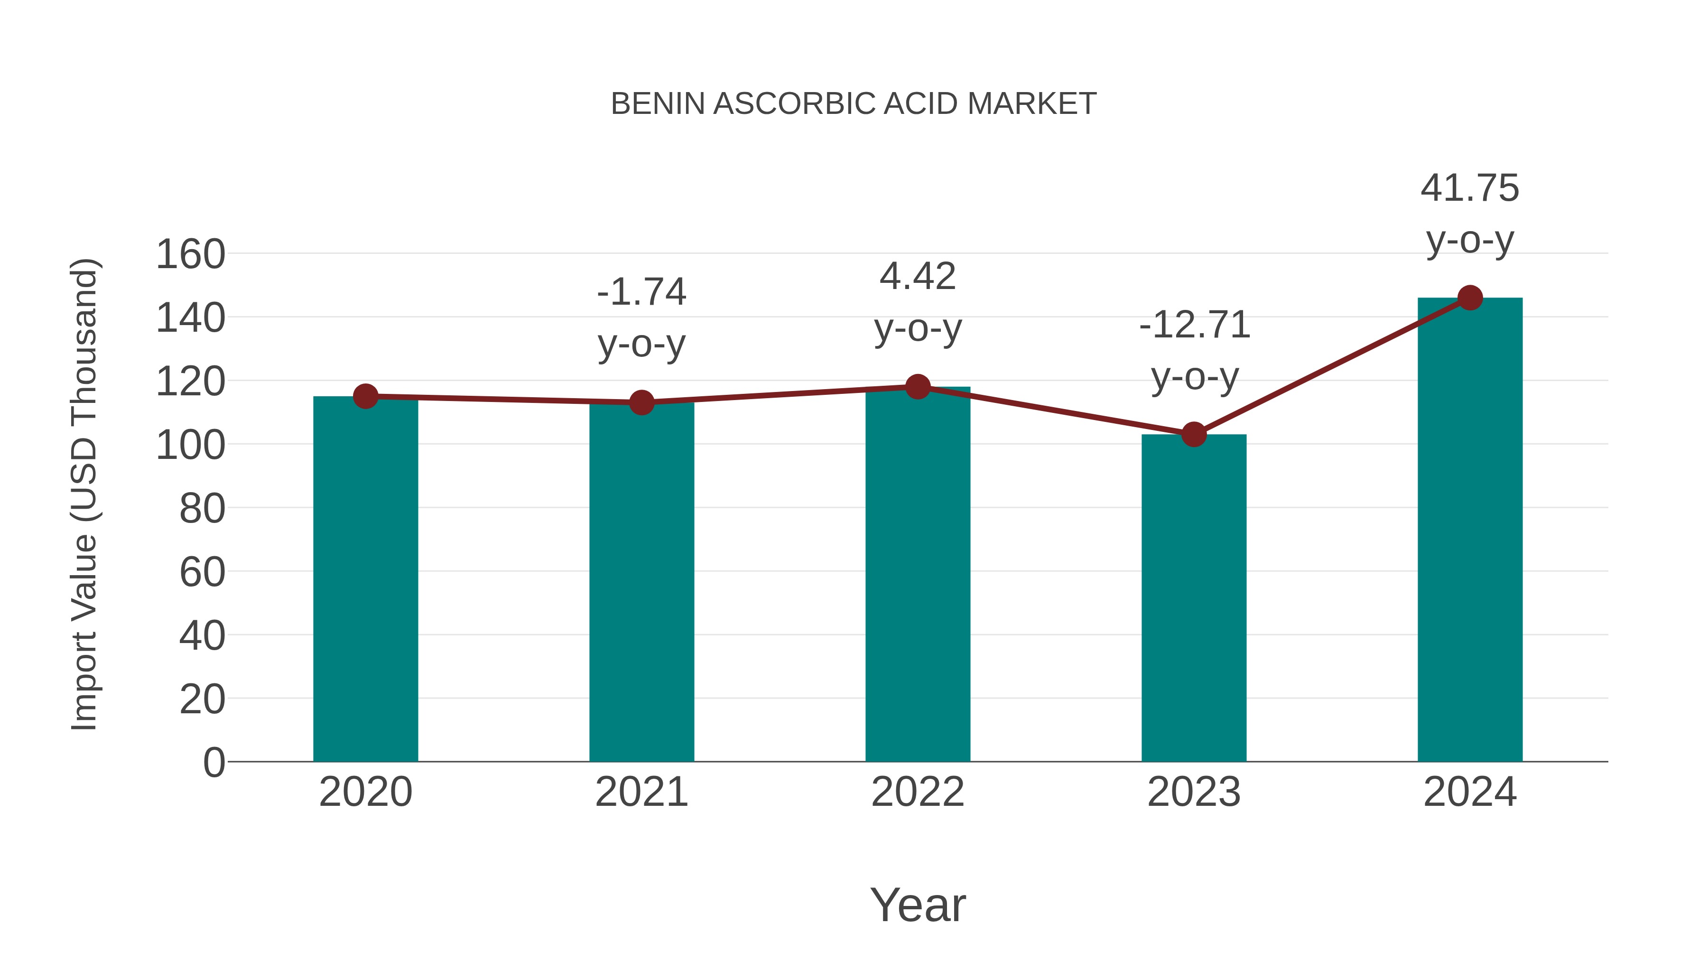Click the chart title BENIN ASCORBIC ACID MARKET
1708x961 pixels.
[854, 104]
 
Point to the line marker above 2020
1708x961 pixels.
[365, 397]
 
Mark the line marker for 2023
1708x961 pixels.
[1194, 434]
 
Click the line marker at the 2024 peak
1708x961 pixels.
[1470, 298]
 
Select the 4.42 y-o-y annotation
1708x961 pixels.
[918, 302]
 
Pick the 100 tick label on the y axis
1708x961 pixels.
[190, 445]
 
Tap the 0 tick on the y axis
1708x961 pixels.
[213, 762]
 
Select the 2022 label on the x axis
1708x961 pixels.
[918, 792]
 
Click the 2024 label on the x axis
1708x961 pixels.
[1470, 792]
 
